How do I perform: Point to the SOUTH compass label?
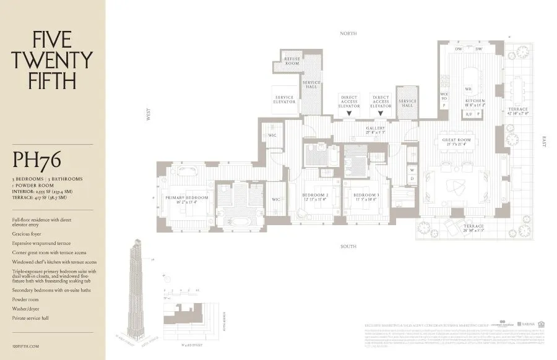[348, 246]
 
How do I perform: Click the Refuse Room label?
[291, 61]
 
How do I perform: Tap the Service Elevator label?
[285, 99]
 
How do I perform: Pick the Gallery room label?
[375, 130]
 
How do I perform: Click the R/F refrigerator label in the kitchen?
[468, 114]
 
